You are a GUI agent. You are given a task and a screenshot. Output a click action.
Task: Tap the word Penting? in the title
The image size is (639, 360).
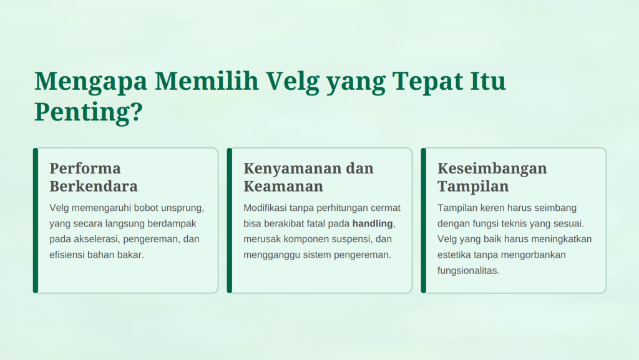click(89, 112)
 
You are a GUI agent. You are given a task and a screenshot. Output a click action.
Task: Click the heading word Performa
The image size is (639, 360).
click(85, 168)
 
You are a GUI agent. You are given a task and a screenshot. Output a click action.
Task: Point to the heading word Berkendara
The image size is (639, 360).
click(94, 186)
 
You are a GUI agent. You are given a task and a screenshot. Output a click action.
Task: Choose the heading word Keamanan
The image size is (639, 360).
click(283, 186)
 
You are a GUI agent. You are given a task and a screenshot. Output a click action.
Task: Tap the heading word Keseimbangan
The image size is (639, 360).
click(492, 169)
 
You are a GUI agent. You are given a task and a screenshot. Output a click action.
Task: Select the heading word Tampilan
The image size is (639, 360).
click(473, 187)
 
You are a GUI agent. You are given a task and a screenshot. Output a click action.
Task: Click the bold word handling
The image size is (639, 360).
click(373, 224)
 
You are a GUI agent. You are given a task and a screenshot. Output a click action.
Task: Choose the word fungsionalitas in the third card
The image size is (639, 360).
click(467, 271)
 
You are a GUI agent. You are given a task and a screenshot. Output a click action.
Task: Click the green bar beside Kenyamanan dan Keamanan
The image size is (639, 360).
click(230, 220)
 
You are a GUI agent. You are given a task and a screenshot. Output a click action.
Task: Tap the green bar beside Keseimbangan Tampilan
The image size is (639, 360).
click(424, 220)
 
